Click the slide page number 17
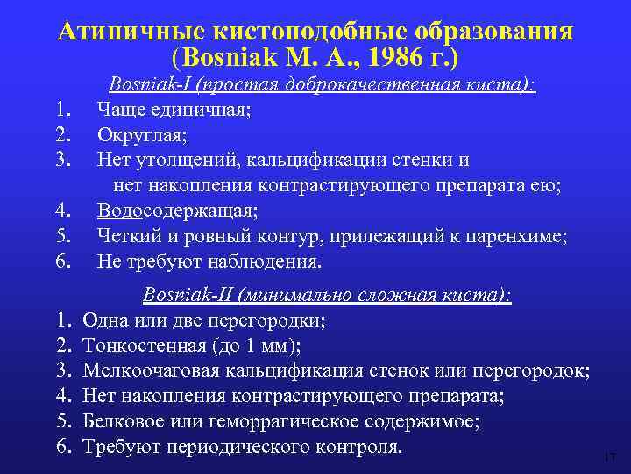coord(611,456)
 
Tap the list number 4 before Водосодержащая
coord(61,211)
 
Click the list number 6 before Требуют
coord(63,447)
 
